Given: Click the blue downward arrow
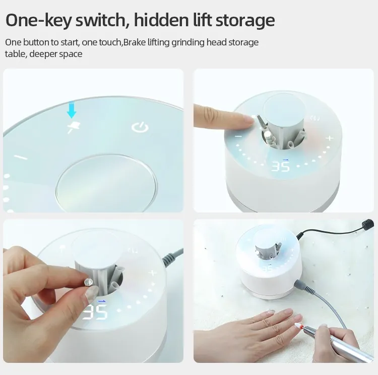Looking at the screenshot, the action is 72,110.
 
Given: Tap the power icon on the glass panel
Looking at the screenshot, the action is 140,128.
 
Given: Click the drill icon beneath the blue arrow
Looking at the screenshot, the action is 73,127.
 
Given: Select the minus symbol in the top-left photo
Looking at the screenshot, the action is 21,157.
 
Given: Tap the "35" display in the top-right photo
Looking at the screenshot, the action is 280,166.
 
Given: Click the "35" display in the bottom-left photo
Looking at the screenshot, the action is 94,312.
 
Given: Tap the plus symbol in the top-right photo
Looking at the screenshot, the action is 330,138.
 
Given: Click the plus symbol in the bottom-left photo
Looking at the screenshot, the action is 153,273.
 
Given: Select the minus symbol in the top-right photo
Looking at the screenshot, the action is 238,136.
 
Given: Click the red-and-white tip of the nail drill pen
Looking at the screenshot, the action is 299,325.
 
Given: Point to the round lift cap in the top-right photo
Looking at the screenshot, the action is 284,108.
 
